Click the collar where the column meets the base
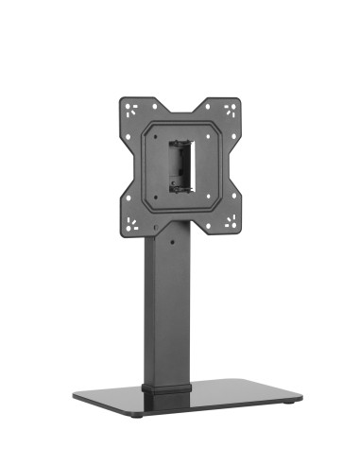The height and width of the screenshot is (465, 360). point(166,388)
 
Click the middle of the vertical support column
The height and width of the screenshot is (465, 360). point(167,312)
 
